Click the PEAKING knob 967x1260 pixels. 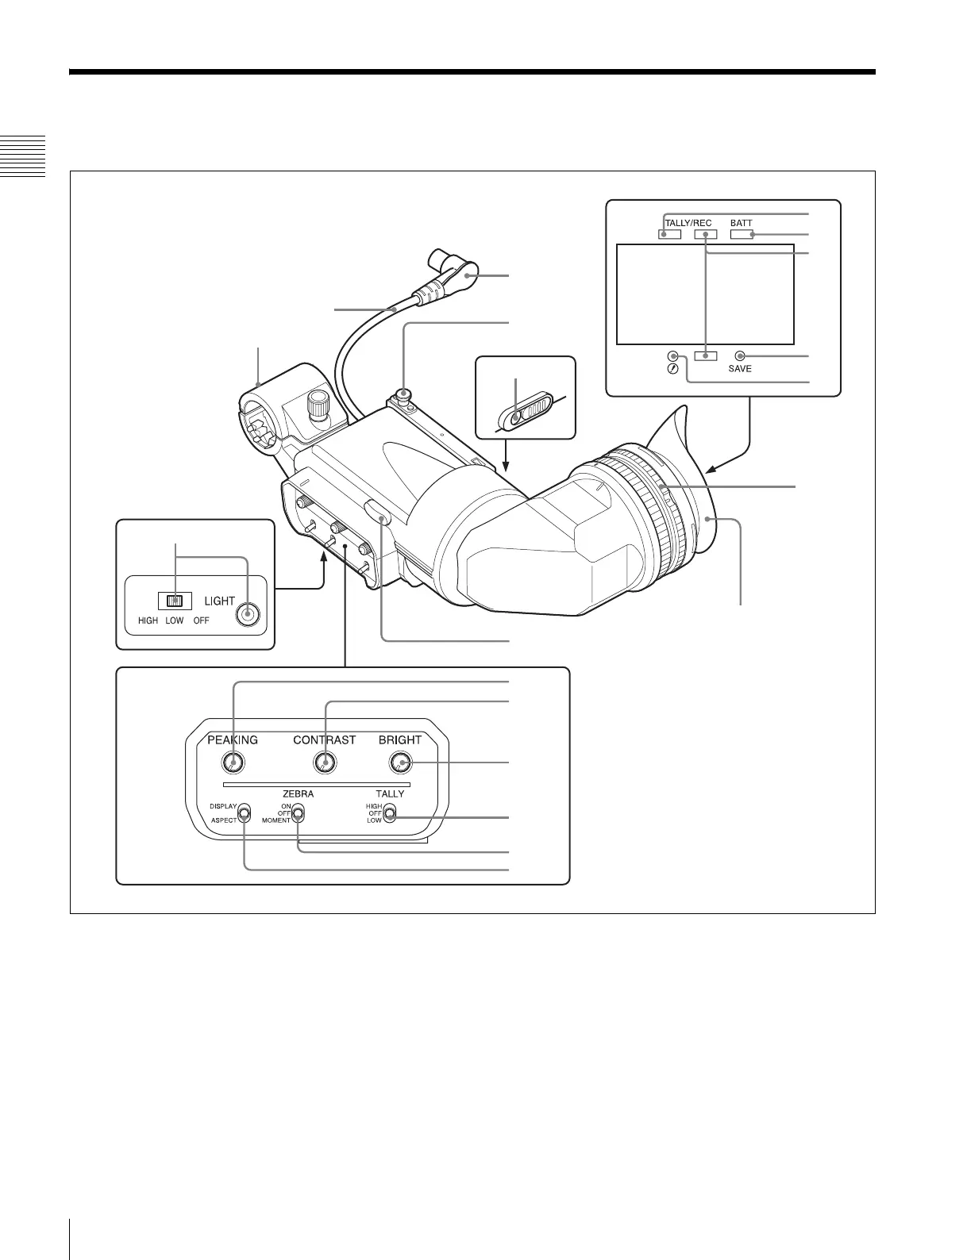point(233,763)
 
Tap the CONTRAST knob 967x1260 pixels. point(324,763)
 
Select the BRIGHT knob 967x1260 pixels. point(400,763)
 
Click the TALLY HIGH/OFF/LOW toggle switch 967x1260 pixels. point(389,813)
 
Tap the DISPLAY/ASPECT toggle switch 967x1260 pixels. point(244,813)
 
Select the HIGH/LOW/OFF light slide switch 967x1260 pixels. point(175,601)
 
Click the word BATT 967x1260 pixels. point(741,223)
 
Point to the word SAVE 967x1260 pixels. point(740,369)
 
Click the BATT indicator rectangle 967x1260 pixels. point(741,234)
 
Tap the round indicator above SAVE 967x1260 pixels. point(740,355)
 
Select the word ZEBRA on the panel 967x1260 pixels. point(298,793)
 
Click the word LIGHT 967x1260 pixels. point(219,601)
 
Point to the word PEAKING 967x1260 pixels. point(233,739)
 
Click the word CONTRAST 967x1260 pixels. point(324,739)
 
